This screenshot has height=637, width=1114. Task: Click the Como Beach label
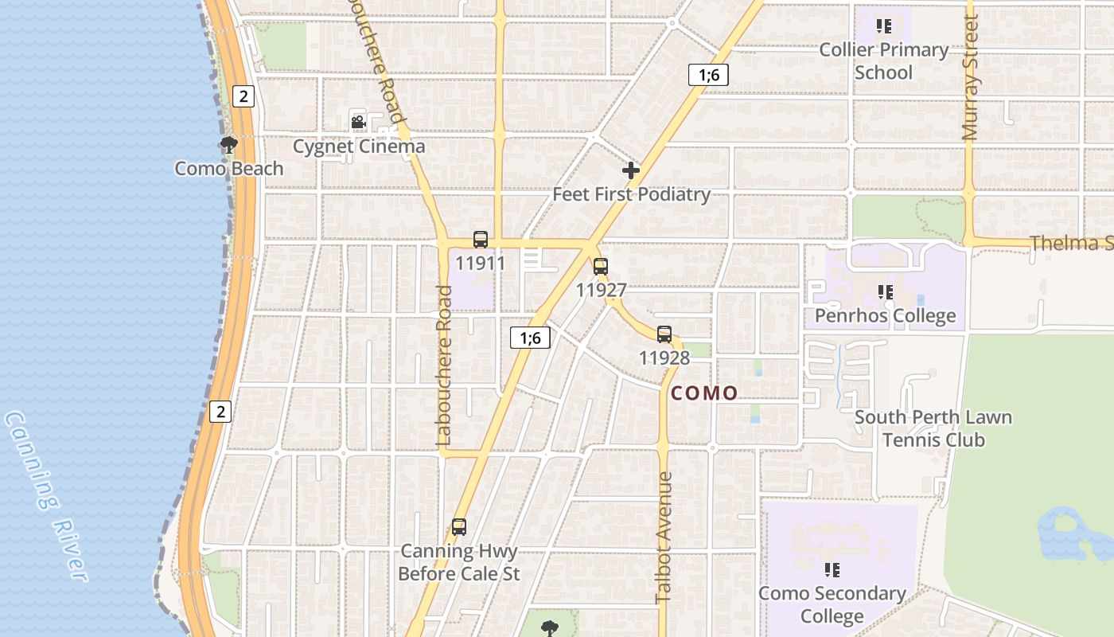228,168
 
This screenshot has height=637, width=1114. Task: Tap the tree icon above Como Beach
228,145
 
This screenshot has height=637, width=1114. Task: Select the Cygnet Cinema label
359,147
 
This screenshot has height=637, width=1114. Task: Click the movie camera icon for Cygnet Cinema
358,122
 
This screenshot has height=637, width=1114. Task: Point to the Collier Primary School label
883,61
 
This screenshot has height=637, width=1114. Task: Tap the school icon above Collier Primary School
883,26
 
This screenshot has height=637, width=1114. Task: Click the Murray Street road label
970,78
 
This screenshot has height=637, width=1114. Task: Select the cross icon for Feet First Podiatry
631,170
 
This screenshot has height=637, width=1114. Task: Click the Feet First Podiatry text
631,194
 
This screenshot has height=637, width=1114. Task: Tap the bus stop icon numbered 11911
481,239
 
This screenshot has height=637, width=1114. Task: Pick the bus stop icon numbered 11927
601,267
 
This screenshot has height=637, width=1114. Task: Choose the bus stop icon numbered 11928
664,334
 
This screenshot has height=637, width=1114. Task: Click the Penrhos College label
885,315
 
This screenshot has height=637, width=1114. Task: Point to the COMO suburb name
704,393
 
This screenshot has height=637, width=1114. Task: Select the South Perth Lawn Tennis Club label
933,428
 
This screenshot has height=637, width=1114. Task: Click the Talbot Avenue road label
664,537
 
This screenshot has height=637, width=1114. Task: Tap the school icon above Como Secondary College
832,570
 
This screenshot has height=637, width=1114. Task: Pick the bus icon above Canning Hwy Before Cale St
459,526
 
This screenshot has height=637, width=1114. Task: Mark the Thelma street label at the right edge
1071,242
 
